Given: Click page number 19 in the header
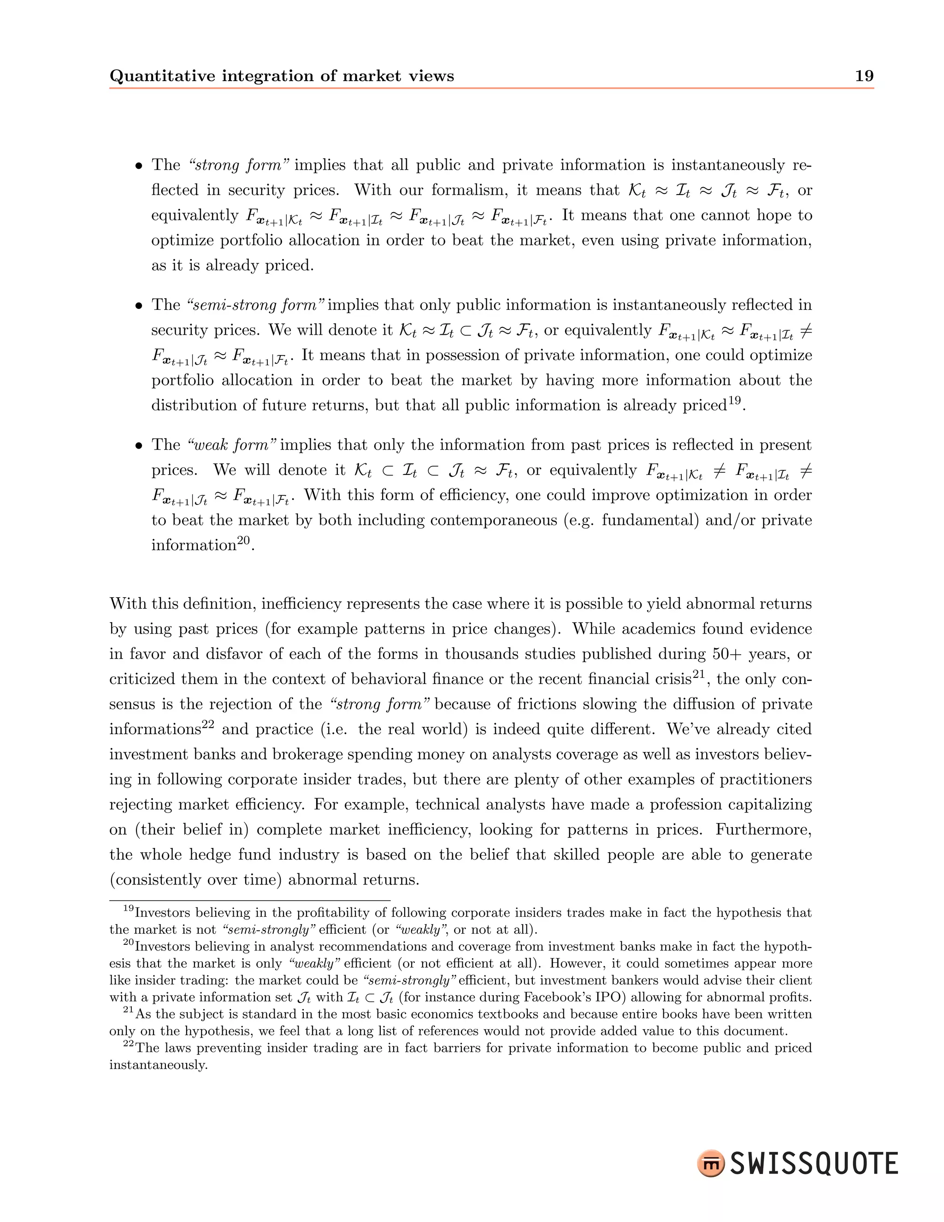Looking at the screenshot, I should tap(864, 76).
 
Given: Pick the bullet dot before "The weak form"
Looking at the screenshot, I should tap(139, 446).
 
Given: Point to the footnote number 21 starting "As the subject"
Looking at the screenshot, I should tap(129, 1011).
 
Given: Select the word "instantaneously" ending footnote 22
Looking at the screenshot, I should tap(158, 1065).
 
